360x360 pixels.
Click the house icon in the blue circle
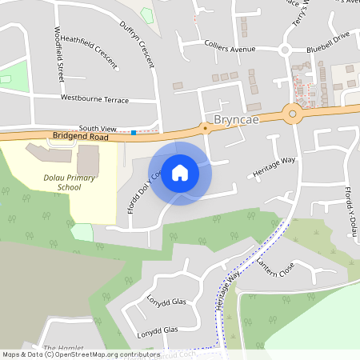point(180,173)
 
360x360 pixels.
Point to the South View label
point(98,128)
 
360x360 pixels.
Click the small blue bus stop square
point(134,133)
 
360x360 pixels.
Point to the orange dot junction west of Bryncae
point(206,127)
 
